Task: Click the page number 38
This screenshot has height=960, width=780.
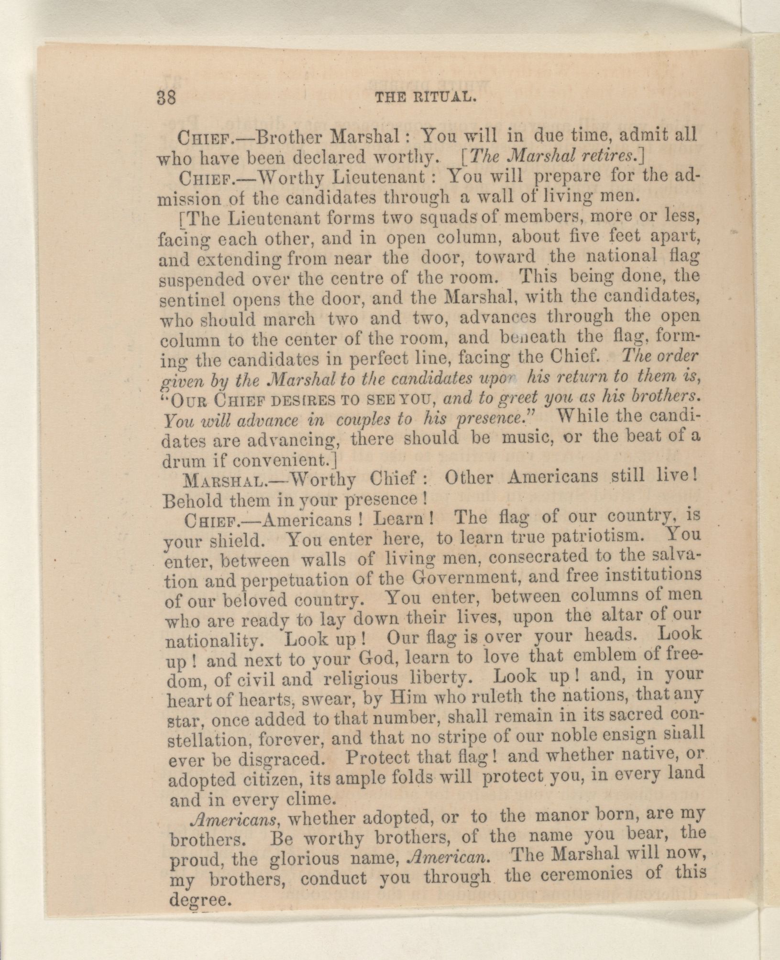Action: tap(167, 99)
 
